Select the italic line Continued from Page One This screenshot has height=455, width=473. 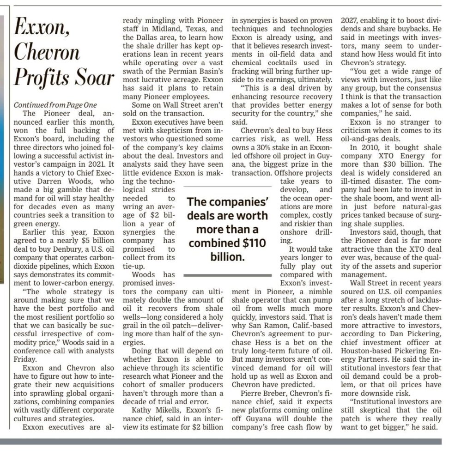55,105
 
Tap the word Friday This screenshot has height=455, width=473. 26,359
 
